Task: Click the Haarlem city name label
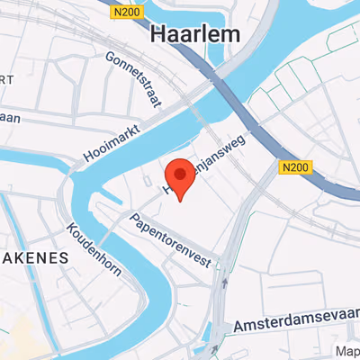tap(195, 35)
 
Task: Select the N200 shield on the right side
tap(293, 166)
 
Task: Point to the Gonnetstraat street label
tap(132, 79)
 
